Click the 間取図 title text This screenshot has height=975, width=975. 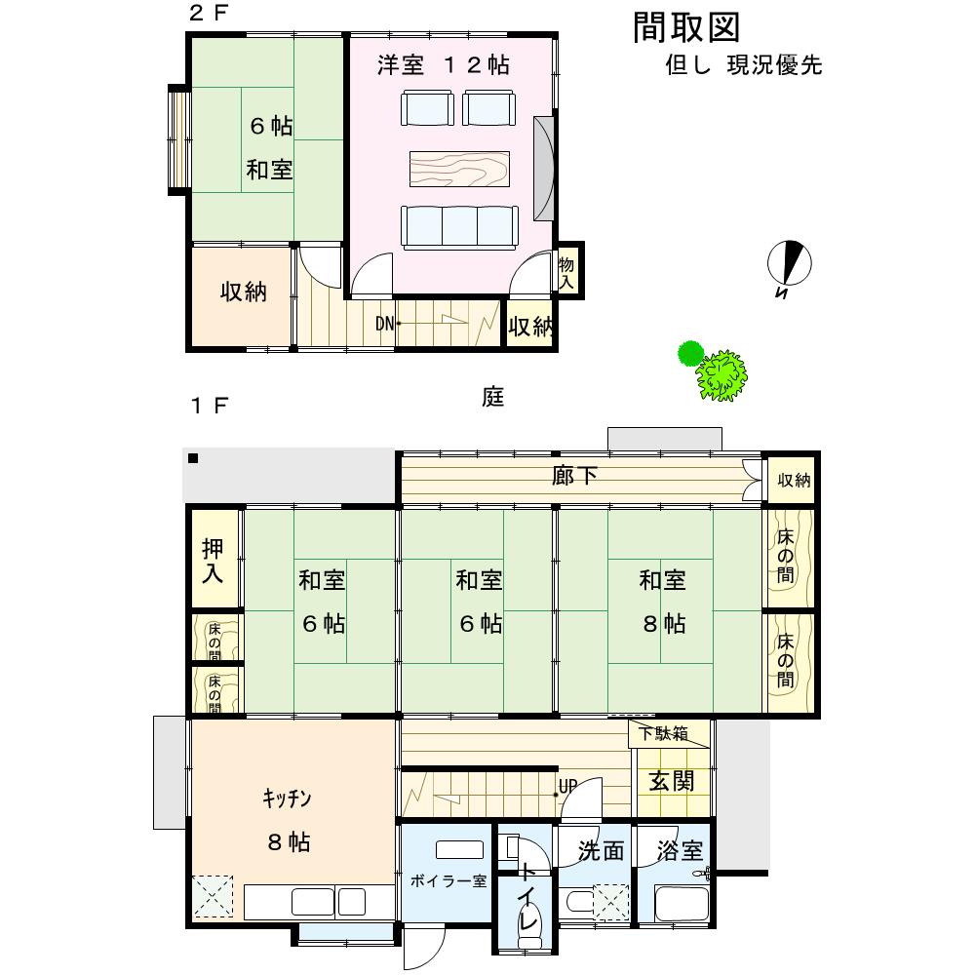686,28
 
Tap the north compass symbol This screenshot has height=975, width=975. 789,263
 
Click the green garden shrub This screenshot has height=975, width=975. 714,370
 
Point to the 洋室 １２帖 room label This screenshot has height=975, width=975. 444,64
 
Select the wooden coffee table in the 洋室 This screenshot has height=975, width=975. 459,169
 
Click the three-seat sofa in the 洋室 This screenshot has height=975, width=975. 459,227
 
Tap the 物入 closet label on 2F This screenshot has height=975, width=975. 565,273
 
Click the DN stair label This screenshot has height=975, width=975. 384,324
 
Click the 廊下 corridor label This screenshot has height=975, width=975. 574,476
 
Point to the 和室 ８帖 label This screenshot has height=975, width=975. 663,602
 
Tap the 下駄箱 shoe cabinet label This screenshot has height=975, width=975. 663,734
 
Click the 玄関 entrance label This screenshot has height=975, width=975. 672,781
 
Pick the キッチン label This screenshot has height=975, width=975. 286,799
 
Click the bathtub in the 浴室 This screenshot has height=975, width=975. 682,904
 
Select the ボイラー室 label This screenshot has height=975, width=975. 448,880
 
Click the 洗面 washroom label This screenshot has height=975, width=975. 601,850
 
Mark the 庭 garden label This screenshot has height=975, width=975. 492,396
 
